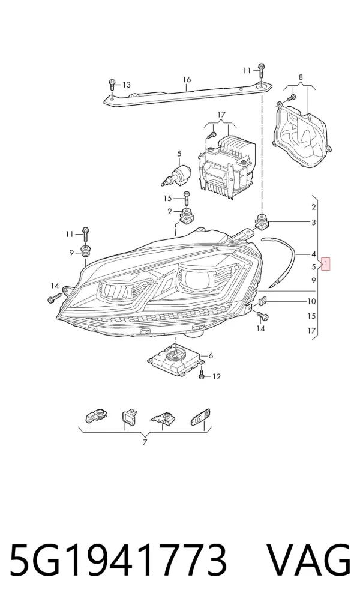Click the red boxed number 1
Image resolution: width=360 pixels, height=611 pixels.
point(326,264)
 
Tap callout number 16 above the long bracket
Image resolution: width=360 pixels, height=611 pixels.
point(187,80)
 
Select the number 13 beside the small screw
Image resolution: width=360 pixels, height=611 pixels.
point(126,85)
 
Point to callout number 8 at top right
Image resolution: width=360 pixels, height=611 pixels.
point(301,77)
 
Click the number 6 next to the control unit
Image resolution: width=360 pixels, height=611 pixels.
point(211,355)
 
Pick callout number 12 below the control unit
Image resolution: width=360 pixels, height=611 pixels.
point(217,376)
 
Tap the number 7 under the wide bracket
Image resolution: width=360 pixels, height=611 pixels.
point(145,442)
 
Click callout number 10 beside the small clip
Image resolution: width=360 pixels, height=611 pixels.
point(311,301)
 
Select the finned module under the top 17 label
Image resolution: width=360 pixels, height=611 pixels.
point(227,163)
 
